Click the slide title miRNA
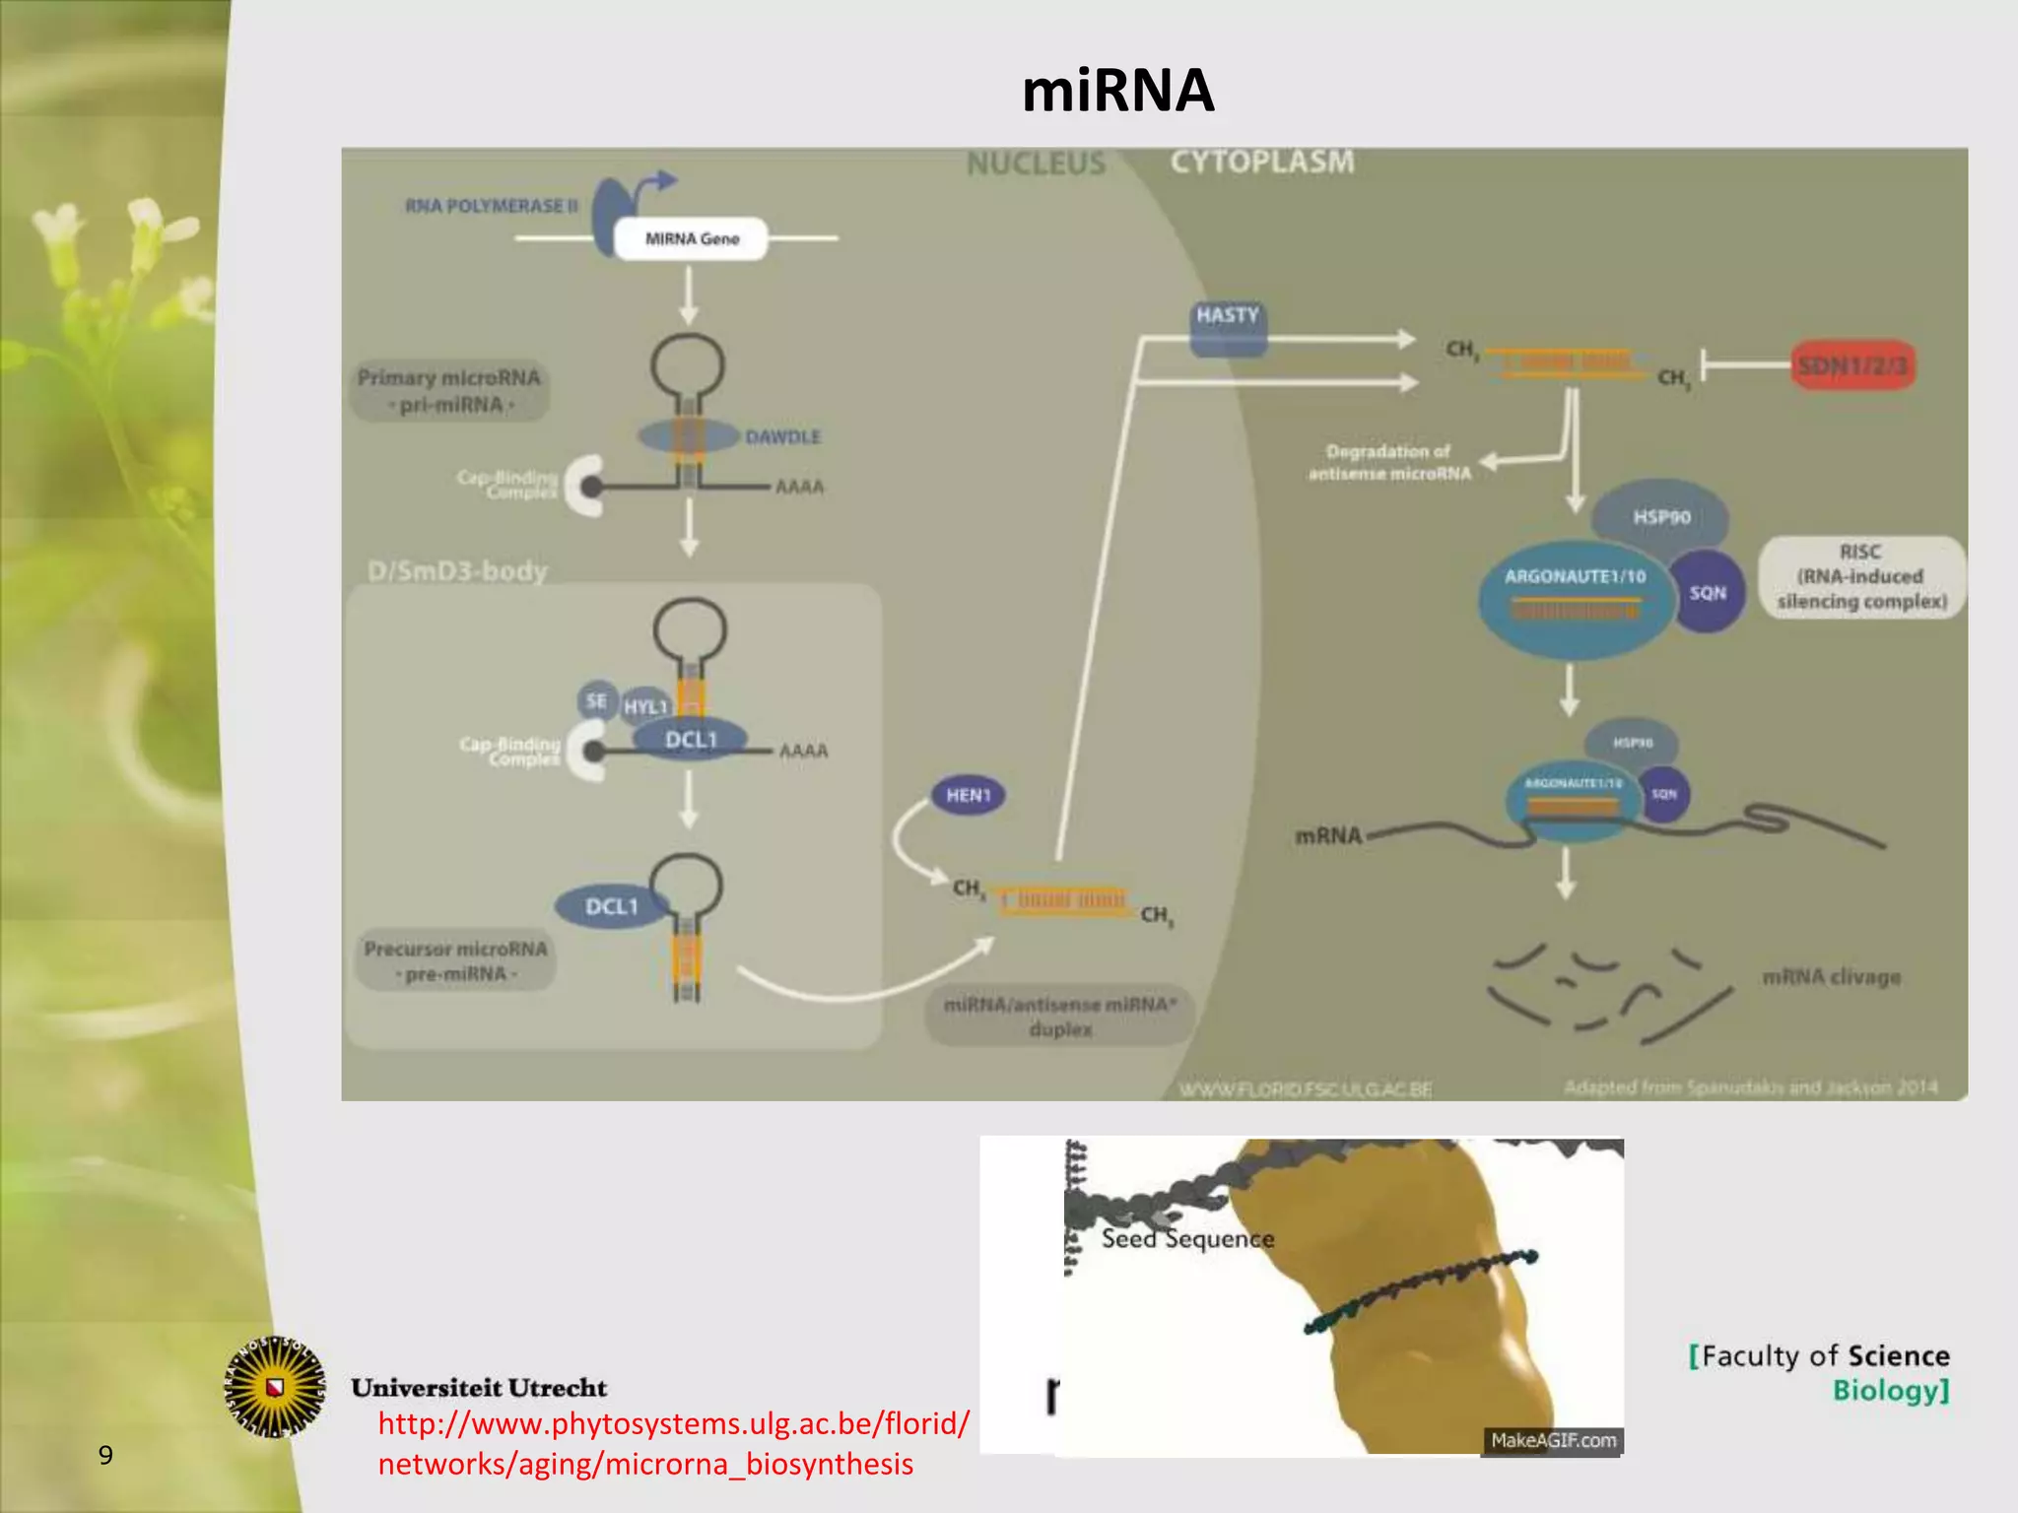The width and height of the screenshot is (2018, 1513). pyautogui.click(x=1117, y=91)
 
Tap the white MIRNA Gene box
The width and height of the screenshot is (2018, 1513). pyautogui.click(x=691, y=238)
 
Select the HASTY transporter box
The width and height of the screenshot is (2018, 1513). pyautogui.click(x=1227, y=328)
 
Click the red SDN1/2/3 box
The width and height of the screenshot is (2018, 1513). pyautogui.click(x=1851, y=365)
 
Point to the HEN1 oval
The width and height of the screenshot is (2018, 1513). pyautogui.click(x=968, y=795)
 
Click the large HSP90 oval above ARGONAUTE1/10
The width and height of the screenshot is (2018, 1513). pyautogui.click(x=1661, y=517)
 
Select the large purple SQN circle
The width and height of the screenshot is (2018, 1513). pyautogui.click(x=1708, y=592)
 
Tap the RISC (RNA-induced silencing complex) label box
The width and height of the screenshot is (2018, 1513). pyautogui.click(x=1860, y=577)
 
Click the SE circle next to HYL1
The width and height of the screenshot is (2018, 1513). pyautogui.click(x=596, y=700)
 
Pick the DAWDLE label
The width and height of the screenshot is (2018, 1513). pyautogui.click(x=782, y=436)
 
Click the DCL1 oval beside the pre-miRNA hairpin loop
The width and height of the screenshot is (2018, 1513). pyautogui.click(x=611, y=906)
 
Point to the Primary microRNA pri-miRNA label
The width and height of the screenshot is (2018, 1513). pyautogui.click(x=449, y=391)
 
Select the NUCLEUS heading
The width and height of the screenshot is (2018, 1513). pyautogui.click(x=1036, y=164)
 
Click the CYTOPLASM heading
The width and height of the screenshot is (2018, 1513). pyautogui.click(x=1261, y=162)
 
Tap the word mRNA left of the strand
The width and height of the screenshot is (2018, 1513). pyautogui.click(x=1327, y=836)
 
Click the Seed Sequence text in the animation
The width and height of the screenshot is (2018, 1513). pyautogui.click(x=1187, y=1238)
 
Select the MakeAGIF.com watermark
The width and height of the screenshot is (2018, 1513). pyautogui.click(x=1552, y=1440)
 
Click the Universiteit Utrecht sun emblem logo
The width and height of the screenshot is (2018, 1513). pyautogui.click(x=275, y=1387)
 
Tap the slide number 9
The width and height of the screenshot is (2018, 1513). pyautogui.click(x=105, y=1455)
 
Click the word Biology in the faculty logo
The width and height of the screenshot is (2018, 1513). pyautogui.click(x=1888, y=1391)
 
